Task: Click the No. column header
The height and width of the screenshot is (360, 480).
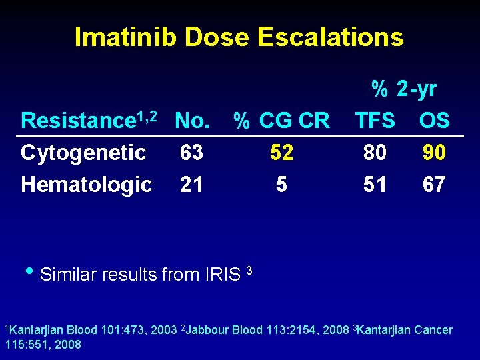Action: [193, 121]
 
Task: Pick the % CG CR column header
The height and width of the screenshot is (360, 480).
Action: [281, 121]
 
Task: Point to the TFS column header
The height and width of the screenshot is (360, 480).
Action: [375, 121]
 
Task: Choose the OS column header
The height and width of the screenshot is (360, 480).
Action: [435, 121]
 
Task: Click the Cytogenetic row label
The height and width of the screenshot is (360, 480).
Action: [83, 153]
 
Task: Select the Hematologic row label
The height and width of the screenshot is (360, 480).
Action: [86, 184]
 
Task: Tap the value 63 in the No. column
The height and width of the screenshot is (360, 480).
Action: [192, 153]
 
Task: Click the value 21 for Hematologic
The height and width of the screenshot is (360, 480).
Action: [192, 184]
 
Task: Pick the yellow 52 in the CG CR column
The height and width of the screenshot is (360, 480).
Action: [281, 153]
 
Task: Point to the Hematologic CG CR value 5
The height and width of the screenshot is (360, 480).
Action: [281, 184]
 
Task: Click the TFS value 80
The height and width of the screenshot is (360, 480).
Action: [375, 153]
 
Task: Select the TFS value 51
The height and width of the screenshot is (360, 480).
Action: [375, 184]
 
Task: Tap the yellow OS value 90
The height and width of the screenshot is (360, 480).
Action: [434, 153]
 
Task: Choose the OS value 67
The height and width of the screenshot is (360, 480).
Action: [434, 184]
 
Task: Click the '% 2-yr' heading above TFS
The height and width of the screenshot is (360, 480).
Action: [404, 89]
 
